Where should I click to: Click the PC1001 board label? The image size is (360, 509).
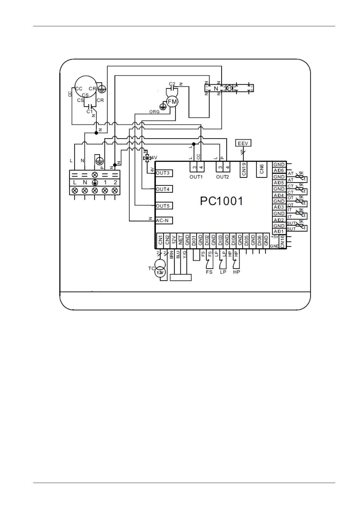pos(222,201)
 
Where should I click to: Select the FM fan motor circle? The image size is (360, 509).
pos(172,102)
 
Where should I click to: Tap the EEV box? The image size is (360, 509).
pos(243,143)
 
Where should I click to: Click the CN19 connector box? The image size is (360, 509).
pos(244,170)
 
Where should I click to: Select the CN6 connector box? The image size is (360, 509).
pos(262,169)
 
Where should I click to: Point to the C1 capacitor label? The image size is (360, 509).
pos(89,112)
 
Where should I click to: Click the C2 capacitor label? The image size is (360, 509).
pos(172,84)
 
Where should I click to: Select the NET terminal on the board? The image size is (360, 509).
pos(180,241)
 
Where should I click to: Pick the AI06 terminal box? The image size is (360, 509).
pos(279,171)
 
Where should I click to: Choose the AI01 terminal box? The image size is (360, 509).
pos(279,232)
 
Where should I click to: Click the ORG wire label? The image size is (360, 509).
pos(154,112)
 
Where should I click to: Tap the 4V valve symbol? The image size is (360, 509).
pos(148,158)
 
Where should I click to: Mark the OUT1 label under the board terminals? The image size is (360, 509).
pos(196,177)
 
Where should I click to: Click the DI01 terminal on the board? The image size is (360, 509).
pos(194,241)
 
